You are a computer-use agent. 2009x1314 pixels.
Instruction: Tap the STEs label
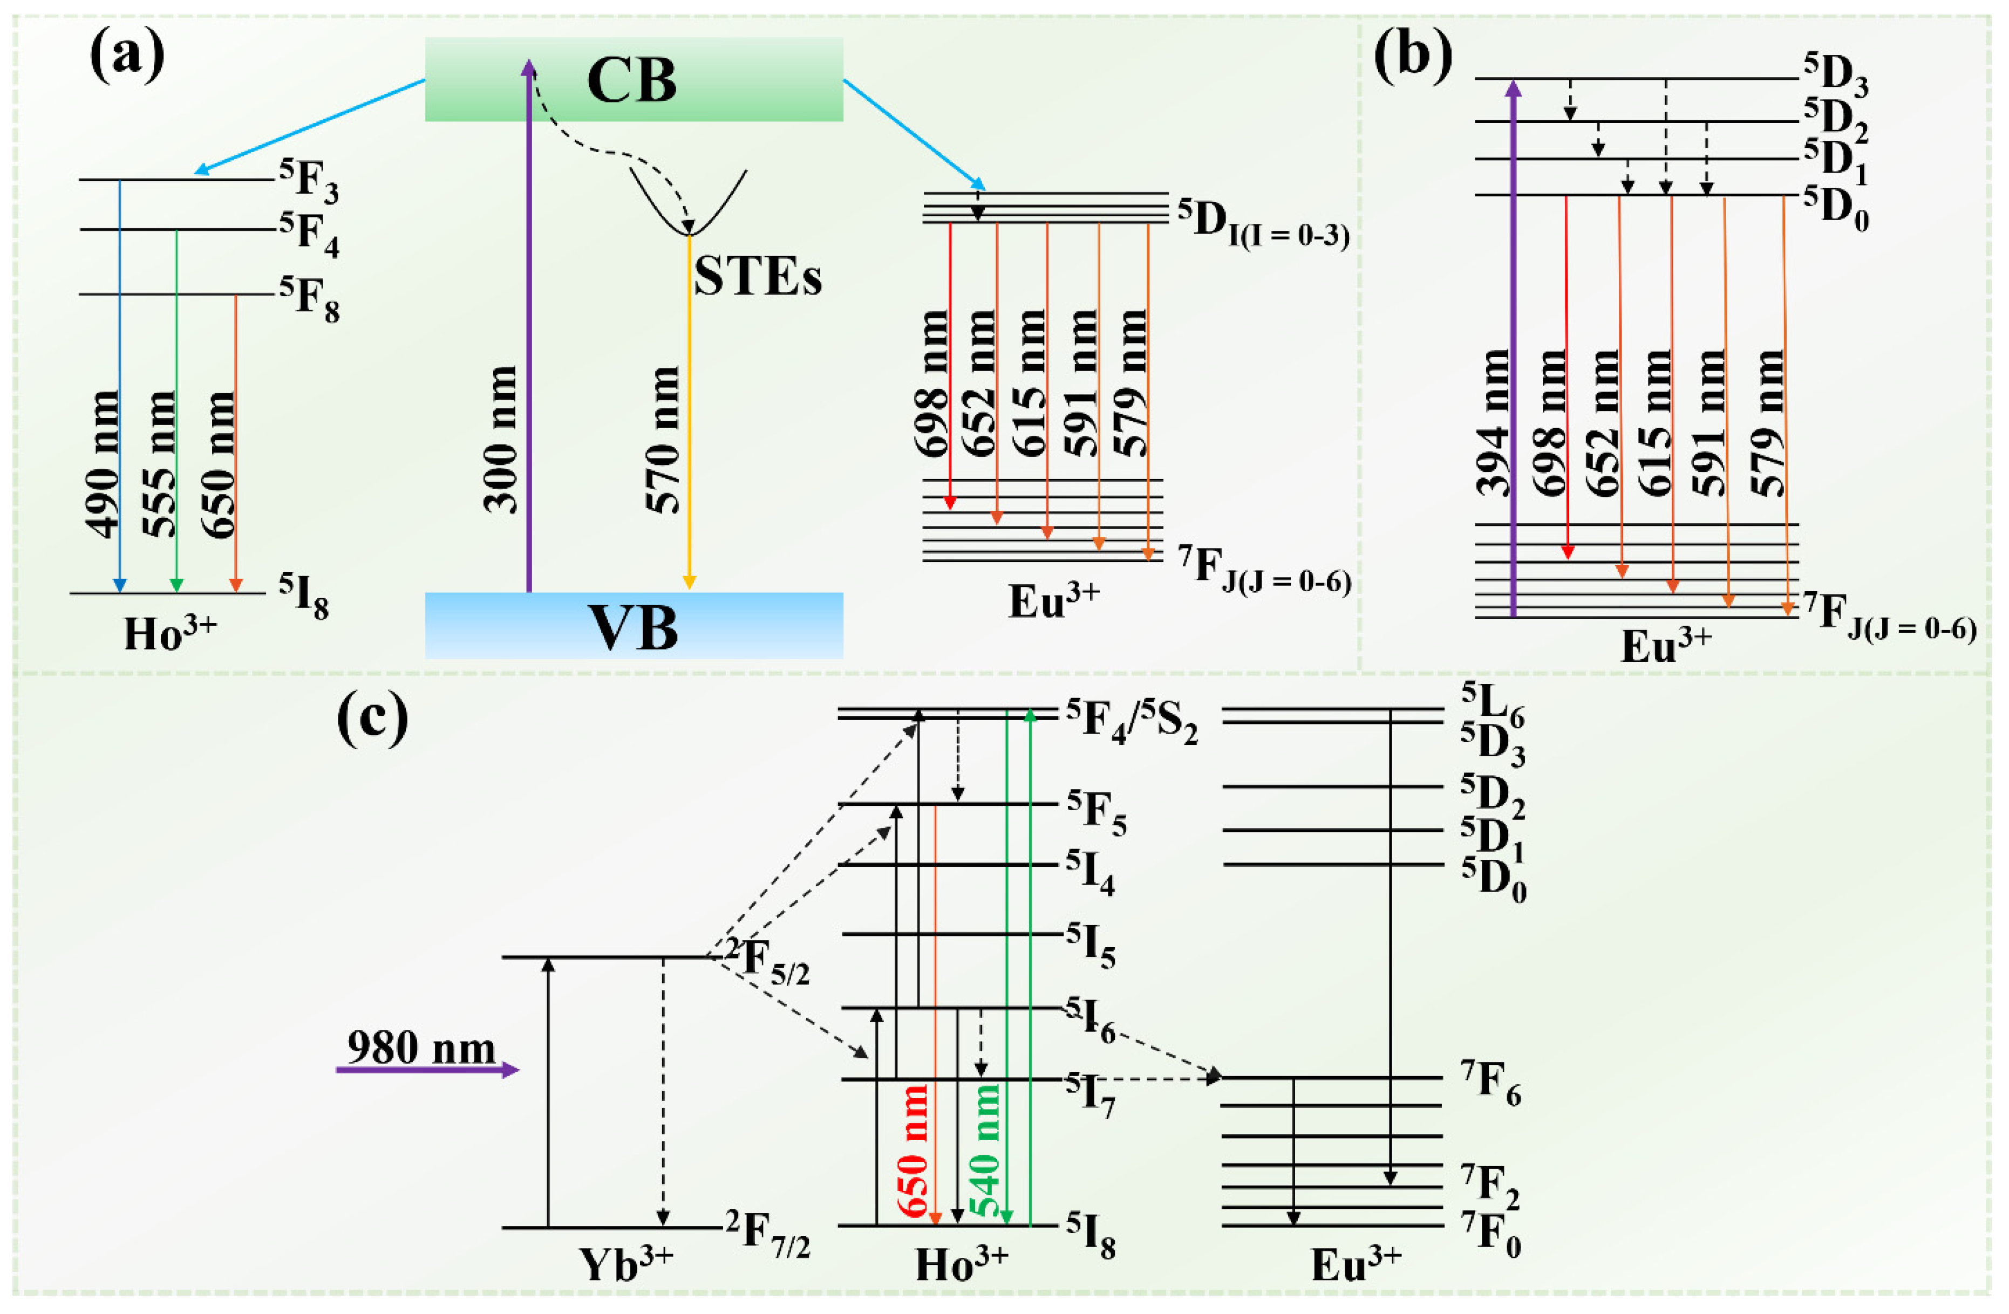tap(757, 276)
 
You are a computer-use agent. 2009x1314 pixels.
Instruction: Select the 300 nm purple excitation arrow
tap(528, 338)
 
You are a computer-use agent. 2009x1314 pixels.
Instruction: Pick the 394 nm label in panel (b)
tap(1493, 422)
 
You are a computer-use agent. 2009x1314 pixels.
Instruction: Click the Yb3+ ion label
tap(625, 1263)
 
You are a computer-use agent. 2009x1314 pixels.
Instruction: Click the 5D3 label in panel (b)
tap(1836, 74)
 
